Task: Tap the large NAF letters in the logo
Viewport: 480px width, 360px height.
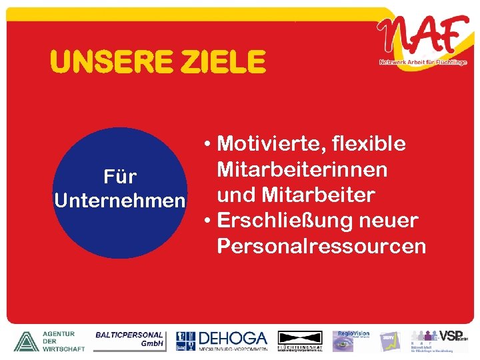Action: [x=421, y=37]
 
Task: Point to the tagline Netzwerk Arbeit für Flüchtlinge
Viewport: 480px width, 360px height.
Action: [x=423, y=63]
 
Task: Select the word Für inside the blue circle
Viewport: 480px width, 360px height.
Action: [x=120, y=177]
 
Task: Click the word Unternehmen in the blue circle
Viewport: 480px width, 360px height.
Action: [x=119, y=201]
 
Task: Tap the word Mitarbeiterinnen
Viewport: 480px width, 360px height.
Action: [x=302, y=169]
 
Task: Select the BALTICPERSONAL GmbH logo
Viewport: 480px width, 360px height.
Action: [x=130, y=339]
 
